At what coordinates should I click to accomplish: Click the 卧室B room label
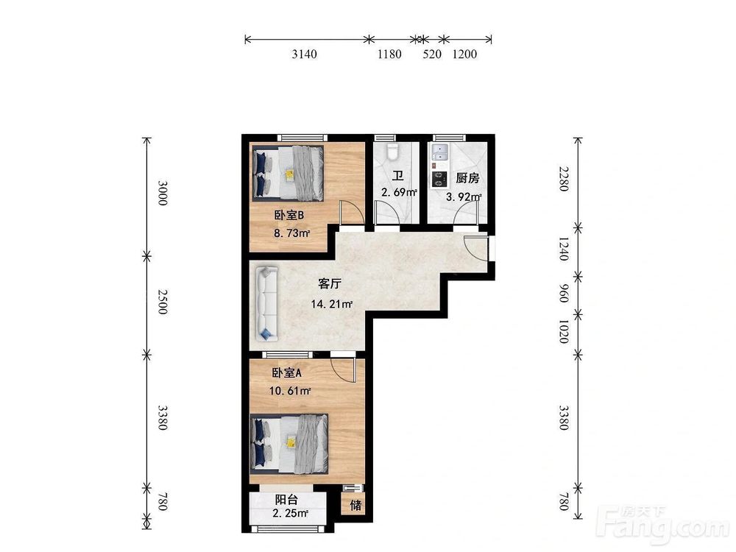pos(289,216)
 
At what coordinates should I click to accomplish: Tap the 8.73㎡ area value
pos(292,233)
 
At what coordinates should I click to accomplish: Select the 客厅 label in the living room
pos(330,283)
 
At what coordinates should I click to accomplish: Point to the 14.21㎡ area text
pos(331,304)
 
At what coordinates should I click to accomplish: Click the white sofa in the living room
pos(266,303)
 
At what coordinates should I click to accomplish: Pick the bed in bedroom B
pos(288,173)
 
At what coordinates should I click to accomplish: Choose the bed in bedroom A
pos(289,443)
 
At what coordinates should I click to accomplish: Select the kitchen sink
pos(440,152)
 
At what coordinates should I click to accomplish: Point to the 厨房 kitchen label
pos(467,178)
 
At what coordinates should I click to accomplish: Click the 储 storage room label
pos(355,506)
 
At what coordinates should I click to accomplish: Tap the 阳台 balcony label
pos(286,500)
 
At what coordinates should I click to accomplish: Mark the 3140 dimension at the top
pos(304,54)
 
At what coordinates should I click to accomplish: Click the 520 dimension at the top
pos(432,54)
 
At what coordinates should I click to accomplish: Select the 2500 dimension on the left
pos(162,302)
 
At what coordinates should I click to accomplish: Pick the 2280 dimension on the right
pos(564,179)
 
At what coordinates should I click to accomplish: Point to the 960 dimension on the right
pos(564,294)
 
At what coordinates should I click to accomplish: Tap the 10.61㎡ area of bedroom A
pos(289,391)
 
